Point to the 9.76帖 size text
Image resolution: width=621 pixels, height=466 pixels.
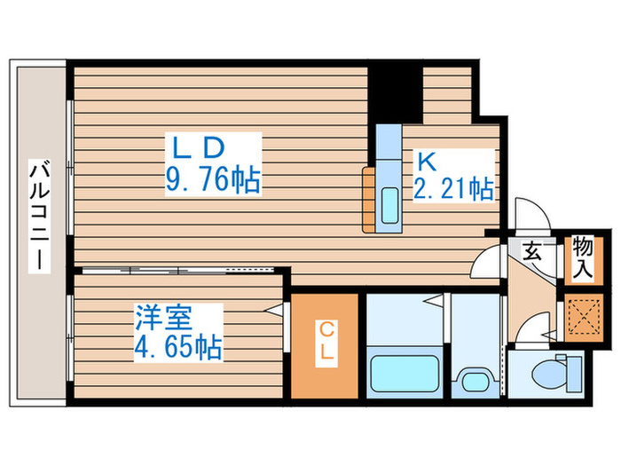[x=212, y=182]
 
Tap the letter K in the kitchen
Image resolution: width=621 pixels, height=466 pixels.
[x=424, y=162]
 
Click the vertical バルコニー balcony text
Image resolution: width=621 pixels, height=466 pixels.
[x=39, y=217]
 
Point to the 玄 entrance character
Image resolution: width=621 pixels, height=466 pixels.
[x=532, y=252]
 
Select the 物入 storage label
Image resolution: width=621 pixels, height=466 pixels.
[x=582, y=257]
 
